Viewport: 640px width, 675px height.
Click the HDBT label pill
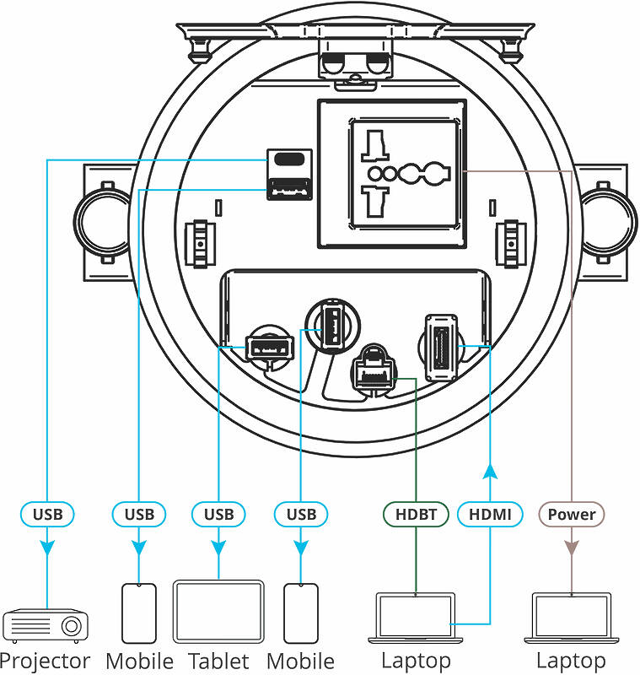[416, 514]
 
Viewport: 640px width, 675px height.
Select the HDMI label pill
[490, 514]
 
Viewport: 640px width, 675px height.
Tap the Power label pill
[571, 514]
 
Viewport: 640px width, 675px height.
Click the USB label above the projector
[47, 514]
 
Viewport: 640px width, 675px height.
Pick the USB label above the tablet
[218, 514]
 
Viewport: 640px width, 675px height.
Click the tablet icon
[218, 612]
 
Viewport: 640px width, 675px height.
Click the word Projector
[46, 661]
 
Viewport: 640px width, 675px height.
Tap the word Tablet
[218, 661]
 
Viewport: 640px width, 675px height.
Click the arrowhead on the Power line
[571, 548]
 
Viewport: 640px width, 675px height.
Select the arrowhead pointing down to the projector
[47, 548]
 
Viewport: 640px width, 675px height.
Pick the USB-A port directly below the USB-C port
[289, 189]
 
